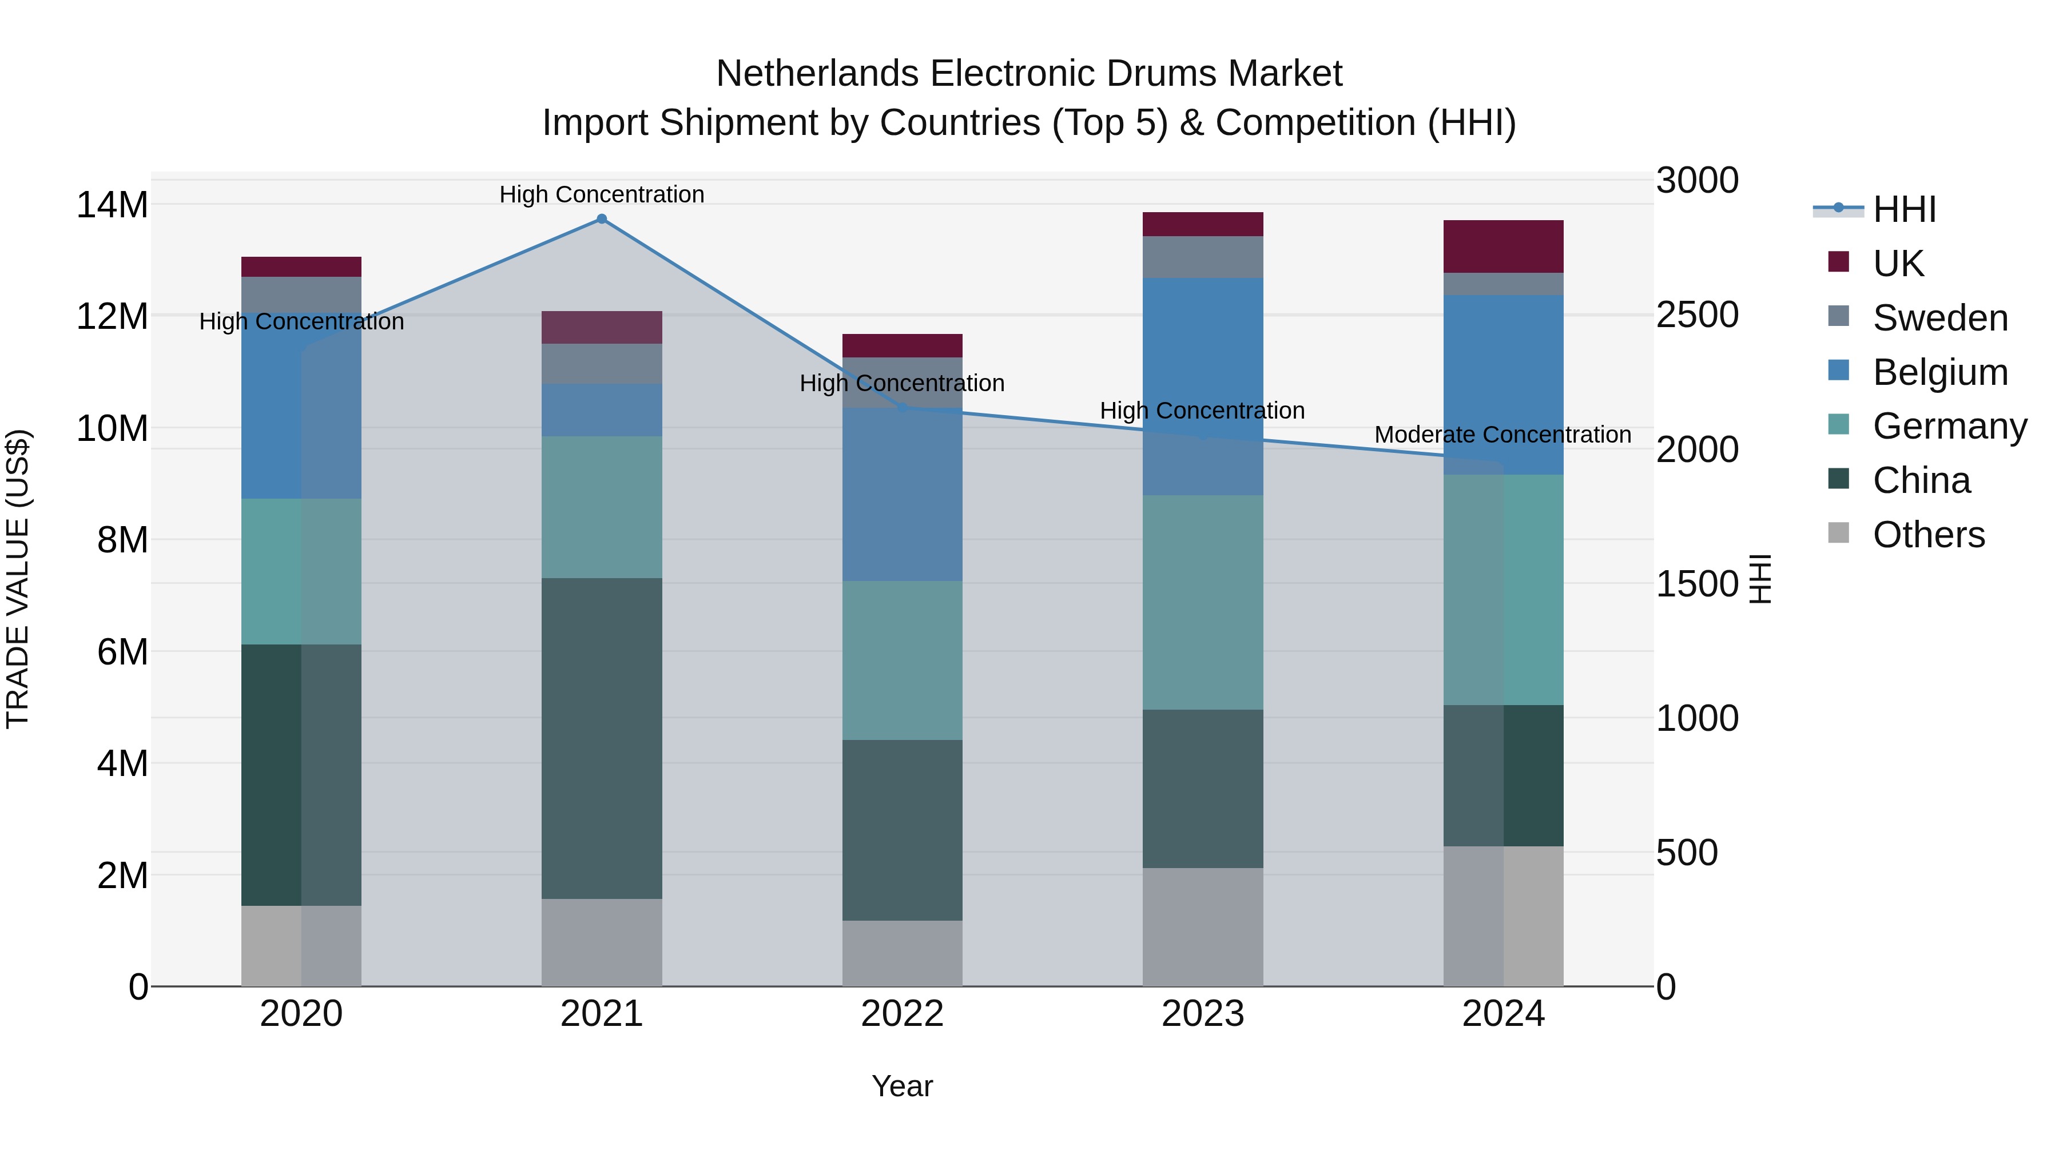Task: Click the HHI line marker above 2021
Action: click(x=602, y=219)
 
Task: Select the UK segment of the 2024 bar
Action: click(x=1502, y=246)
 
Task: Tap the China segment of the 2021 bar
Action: click(x=602, y=738)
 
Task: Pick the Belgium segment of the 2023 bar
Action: click(x=1202, y=386)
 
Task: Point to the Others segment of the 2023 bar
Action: click(x=1202, y=927)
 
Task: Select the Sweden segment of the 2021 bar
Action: click(x=602, y=364)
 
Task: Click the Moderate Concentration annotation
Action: click(x=1502, y=435)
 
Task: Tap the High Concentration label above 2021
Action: click(x=602, y=194)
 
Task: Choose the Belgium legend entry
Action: click(x=1940, y=372)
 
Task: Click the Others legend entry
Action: click(x=1928, y=535)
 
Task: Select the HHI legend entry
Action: click(x=1904, y=209)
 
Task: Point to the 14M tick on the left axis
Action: click(x=112, y=205)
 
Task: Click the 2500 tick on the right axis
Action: click(x=1697, y=315)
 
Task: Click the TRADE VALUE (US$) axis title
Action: click(x=18, y=579)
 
